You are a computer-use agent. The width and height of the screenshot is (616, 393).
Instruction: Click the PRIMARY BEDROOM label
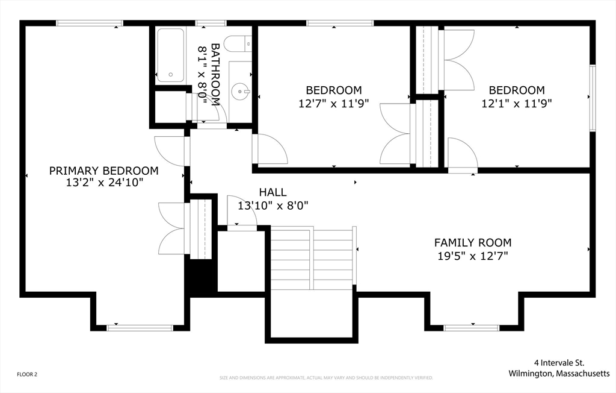pyautogui.click(x=103, y=171)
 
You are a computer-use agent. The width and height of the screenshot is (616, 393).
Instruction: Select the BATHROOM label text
pyautogui.click(x=215, y=74)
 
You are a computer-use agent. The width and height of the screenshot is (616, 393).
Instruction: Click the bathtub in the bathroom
pyautogui.click(x=170, y=55)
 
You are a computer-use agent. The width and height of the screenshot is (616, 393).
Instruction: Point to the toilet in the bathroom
pyautogui.click(x=238, y=43)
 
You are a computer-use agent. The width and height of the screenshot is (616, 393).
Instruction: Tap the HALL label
pyautogui.click(x=273, y=192)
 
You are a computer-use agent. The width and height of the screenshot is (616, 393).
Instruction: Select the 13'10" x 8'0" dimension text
pyautogui.click(x=273, y=205)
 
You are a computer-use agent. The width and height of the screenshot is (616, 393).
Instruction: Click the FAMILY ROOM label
pyautogui.click(x=473, y=242)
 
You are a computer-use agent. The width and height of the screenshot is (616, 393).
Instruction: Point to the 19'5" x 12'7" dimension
pyautogui.click(x=473, y=256)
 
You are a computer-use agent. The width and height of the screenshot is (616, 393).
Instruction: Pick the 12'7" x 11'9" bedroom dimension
pyautogui.click(x=333, y=104)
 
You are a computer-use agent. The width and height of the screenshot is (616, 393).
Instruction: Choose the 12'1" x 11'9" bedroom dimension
pyautogui.click(x=517, y=104)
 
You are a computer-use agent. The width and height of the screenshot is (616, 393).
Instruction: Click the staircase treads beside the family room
pyautogui.click(x=313, y=258)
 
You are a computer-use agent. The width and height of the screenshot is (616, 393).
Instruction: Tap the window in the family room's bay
pyautogui.click(x=471, y=328)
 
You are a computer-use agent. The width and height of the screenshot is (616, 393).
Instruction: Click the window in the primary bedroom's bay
pyautogui.click(x=140, y=328)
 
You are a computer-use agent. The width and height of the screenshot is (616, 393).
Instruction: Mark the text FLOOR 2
pyautogui.click(x=27, y=374)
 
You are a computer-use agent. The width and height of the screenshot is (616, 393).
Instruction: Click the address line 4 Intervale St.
pyautogui.click(x=559, y=363)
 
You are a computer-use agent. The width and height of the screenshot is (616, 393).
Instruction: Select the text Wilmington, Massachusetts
pyautogui.click(x=559, y=373)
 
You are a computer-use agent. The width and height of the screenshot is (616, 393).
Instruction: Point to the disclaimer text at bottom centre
pyautogui.click(x=326, y=378)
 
